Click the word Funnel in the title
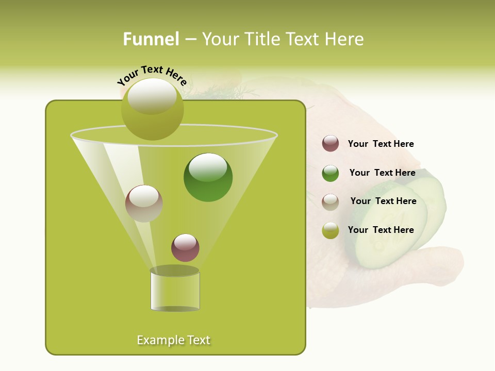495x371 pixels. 151,39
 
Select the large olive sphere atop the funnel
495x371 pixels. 153,109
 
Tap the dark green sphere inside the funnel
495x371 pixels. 208,177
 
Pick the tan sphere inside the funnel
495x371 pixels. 144,204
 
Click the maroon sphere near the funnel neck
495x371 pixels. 185,248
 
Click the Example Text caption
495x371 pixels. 174,340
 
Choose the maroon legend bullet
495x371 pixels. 331,144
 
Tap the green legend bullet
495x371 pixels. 331,173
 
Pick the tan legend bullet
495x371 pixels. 331,201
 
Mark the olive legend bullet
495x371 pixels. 331,230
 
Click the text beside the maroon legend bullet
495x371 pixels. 381,144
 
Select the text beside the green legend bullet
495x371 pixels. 382,173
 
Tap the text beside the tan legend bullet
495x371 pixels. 383,201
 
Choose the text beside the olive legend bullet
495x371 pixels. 381,230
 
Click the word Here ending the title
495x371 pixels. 344,39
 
